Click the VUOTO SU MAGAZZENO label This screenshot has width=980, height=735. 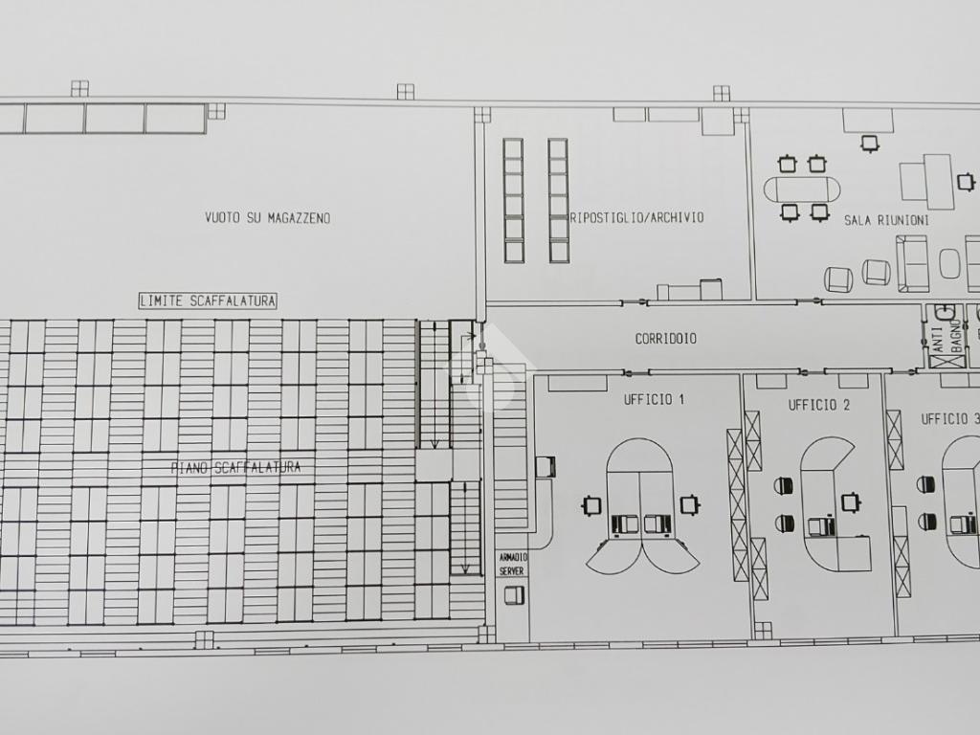[x=268, y=217]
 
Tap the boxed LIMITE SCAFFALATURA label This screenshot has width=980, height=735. [x=208, y=301]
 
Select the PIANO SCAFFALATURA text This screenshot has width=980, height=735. [x=235, y=467]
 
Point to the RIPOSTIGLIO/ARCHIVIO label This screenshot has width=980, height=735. [x=636, y=217]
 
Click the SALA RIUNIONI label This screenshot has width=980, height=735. [x=886, y=220]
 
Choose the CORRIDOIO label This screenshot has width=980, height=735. [x=666, y=339]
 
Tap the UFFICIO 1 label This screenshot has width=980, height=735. [x=654, y=399]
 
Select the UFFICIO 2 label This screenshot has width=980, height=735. [x=819, y=405]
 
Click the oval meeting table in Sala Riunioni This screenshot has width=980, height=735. [x=802, y=189]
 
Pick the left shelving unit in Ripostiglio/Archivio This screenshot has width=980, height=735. [x=514, y=201]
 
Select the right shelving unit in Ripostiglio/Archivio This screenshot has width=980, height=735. [x=558, y=201]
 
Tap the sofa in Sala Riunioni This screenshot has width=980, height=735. [x=912, y=264]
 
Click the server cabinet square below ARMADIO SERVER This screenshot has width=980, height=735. [x=514, y=595]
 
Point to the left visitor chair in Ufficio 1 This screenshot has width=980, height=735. [x=591, y=505]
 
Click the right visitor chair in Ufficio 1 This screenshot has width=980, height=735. [x=689, y=503]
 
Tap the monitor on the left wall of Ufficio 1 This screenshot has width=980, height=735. [x=546, y=466]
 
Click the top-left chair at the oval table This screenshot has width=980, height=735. [x=788, y=165]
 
